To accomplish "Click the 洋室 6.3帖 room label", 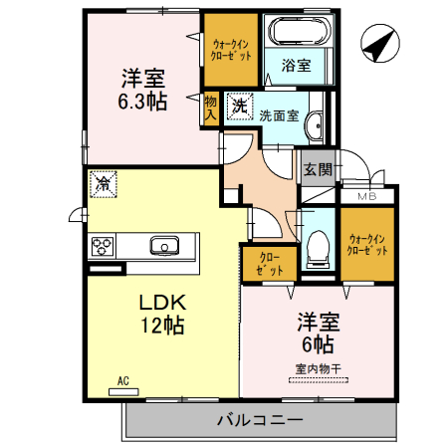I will (142, 88).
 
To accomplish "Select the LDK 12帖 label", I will (156, 312).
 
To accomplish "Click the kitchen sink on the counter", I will (163, 245).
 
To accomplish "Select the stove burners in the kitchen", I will (103, 246).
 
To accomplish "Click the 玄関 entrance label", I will (318, 168).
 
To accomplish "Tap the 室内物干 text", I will (318, 369).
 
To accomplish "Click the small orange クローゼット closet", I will (263, 265).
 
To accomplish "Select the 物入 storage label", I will (210, 108).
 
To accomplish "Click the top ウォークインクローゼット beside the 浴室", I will (230, 51).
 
